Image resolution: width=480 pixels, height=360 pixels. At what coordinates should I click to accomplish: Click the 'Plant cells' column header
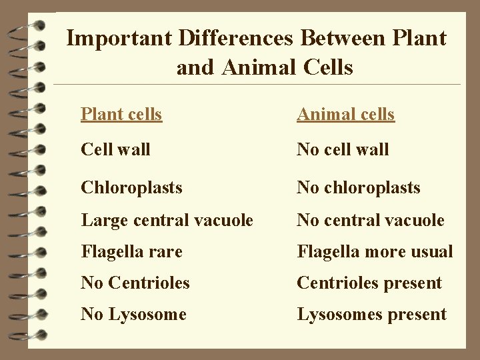[x=121, y=114]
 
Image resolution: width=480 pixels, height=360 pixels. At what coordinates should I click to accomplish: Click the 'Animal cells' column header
[x=345, y=114]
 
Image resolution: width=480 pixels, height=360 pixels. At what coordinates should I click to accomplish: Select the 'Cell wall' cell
[x=115, y=149]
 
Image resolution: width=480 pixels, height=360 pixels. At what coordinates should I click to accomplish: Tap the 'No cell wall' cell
[x=343, y=149]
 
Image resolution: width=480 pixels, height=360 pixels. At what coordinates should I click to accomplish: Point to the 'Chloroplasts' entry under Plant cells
[x=131, y=187]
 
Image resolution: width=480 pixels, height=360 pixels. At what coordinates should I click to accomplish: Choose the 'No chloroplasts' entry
[x=358, y=187]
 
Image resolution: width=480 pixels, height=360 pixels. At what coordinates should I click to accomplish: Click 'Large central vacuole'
[x=167, y=220]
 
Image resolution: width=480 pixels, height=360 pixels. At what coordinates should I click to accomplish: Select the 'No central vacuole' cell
[x=370, y=220]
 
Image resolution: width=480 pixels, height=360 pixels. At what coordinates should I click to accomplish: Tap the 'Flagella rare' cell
[x=131, y=251]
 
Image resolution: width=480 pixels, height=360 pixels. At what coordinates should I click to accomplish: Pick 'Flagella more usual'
[x=375, y=251]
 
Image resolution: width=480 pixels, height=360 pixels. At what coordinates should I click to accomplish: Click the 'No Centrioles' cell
[x=135, y=283]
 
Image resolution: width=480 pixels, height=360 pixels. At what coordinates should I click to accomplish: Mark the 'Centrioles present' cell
[x=369, y=283]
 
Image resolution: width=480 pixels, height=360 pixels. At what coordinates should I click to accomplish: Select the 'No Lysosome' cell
[x=133, y=314]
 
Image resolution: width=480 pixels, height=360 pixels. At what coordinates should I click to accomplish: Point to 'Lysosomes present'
[x=371, y=314]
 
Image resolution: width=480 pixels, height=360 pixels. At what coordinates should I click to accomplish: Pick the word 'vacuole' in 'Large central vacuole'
[x=225, y=220]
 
